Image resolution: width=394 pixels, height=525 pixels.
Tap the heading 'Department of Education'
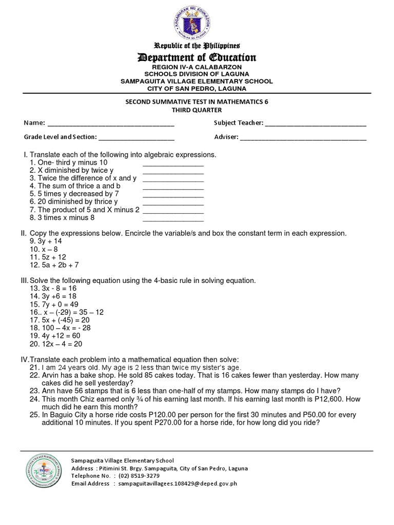point(196,57)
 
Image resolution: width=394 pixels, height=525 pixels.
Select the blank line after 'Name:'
point(111,125)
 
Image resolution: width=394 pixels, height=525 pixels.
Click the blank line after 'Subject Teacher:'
point(316,125)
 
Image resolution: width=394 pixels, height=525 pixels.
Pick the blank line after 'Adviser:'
point(303,139)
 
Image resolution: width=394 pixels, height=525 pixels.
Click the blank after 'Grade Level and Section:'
point(136,139)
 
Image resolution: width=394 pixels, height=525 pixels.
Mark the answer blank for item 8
point(173,218)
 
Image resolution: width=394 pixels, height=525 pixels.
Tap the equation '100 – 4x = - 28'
point(61,328)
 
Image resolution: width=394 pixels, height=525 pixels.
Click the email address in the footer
point(178,483)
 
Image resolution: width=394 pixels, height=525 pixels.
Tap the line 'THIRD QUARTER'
point(196,110)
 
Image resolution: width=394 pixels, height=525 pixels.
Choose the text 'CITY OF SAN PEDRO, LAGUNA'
point(196,88)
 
